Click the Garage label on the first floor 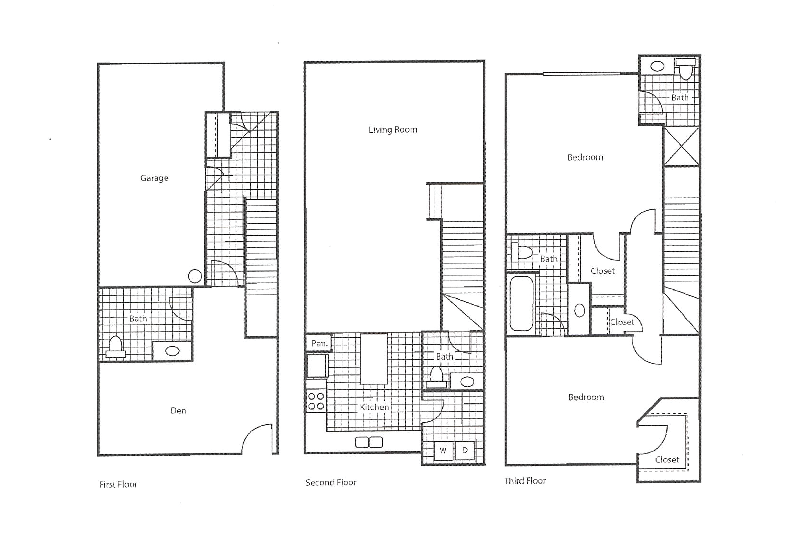click(154, 178)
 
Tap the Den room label click(178, 411)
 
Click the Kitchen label click(374, 407)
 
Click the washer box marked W click(443, 451)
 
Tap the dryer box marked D click(465, 451)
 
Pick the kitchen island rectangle click(374, 359)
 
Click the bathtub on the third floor click(521, 304)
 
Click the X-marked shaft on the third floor click(681, 146)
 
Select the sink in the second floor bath click(467, 382)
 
